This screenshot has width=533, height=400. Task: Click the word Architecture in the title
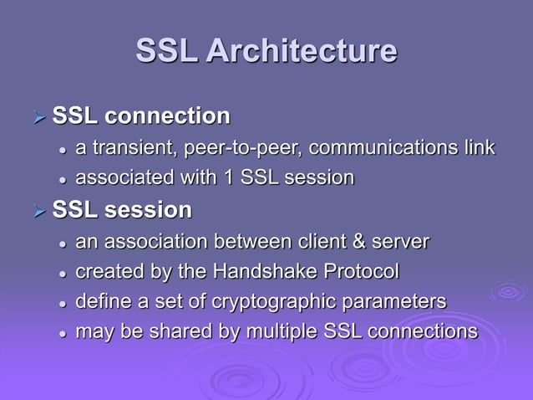coord(301,51)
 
